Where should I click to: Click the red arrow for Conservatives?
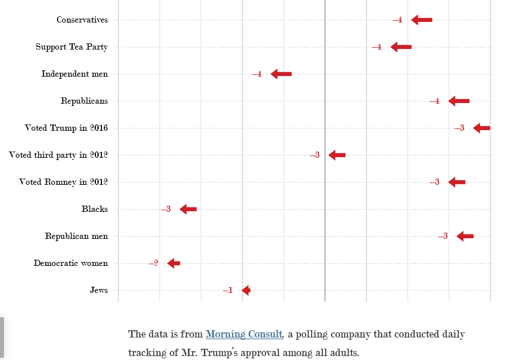point(422,20)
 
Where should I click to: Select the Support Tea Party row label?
point(72,47)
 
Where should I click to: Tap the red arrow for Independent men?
point(281,74)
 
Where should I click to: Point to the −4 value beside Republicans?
point(434,101)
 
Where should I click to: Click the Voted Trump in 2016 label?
point(66,128)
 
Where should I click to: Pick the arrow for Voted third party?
point(337,155)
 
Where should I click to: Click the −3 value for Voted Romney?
point(434,182)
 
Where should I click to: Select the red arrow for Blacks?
point(188,209)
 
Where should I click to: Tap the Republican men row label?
point(76,236)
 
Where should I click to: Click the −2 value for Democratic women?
point(153,263)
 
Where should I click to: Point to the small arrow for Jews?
point(246,290)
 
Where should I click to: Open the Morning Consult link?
point(244,334)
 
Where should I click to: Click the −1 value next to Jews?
point(228,290)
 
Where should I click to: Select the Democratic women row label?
point(70,263)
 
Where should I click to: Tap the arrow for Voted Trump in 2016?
point(481,128)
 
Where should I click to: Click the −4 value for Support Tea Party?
point(377,47)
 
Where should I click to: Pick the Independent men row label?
point(74,74)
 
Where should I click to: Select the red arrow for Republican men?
point(465,236)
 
